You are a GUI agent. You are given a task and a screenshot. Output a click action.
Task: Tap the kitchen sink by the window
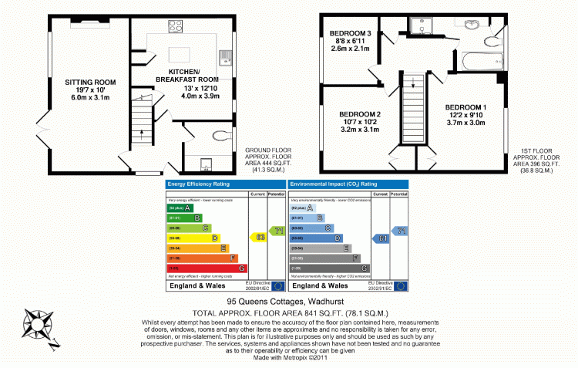point(227,56)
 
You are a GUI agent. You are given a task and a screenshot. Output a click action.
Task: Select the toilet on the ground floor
point(223,137)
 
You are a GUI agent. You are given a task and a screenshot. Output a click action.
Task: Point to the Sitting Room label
point(90,82)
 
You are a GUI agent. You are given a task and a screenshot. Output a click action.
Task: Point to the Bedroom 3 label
point(351,33)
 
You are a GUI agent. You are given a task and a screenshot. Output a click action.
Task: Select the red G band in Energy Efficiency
point(207,268)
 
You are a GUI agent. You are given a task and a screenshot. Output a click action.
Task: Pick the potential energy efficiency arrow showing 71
point(277,231)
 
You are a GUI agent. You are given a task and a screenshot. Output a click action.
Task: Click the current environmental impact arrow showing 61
point(381,239)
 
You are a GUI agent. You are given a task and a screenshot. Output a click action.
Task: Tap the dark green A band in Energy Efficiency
point(178,208)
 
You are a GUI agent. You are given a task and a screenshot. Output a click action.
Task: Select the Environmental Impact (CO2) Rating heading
point(333,184)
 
